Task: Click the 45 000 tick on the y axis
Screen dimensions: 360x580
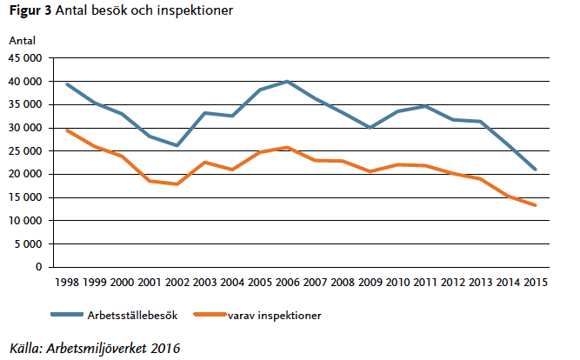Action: click(x=25, y=58)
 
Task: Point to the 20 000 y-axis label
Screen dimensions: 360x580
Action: click(x=25, y=174)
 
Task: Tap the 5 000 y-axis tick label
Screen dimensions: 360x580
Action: click(x=29, y=243)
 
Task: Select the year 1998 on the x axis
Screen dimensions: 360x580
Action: click(x=67, y=283)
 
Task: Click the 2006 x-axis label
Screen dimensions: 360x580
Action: click(x=288, y=283)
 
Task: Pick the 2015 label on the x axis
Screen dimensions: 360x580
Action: click(x=535, y=283)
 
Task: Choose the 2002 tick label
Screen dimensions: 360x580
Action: click(x=177, y=283)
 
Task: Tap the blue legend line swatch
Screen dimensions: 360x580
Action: click(x=67, y=315)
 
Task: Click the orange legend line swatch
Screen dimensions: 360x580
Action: click(x=208, y=315)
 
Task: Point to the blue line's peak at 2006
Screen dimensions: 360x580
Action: click(x=288, y=82)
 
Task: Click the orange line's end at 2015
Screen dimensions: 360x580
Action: click(x=535, y=205)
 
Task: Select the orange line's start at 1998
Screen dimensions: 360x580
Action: click(x=67, y=130)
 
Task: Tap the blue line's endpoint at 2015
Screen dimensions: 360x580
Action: click(x=535, y=170)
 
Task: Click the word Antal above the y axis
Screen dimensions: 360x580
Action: click(x=22, y=40)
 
